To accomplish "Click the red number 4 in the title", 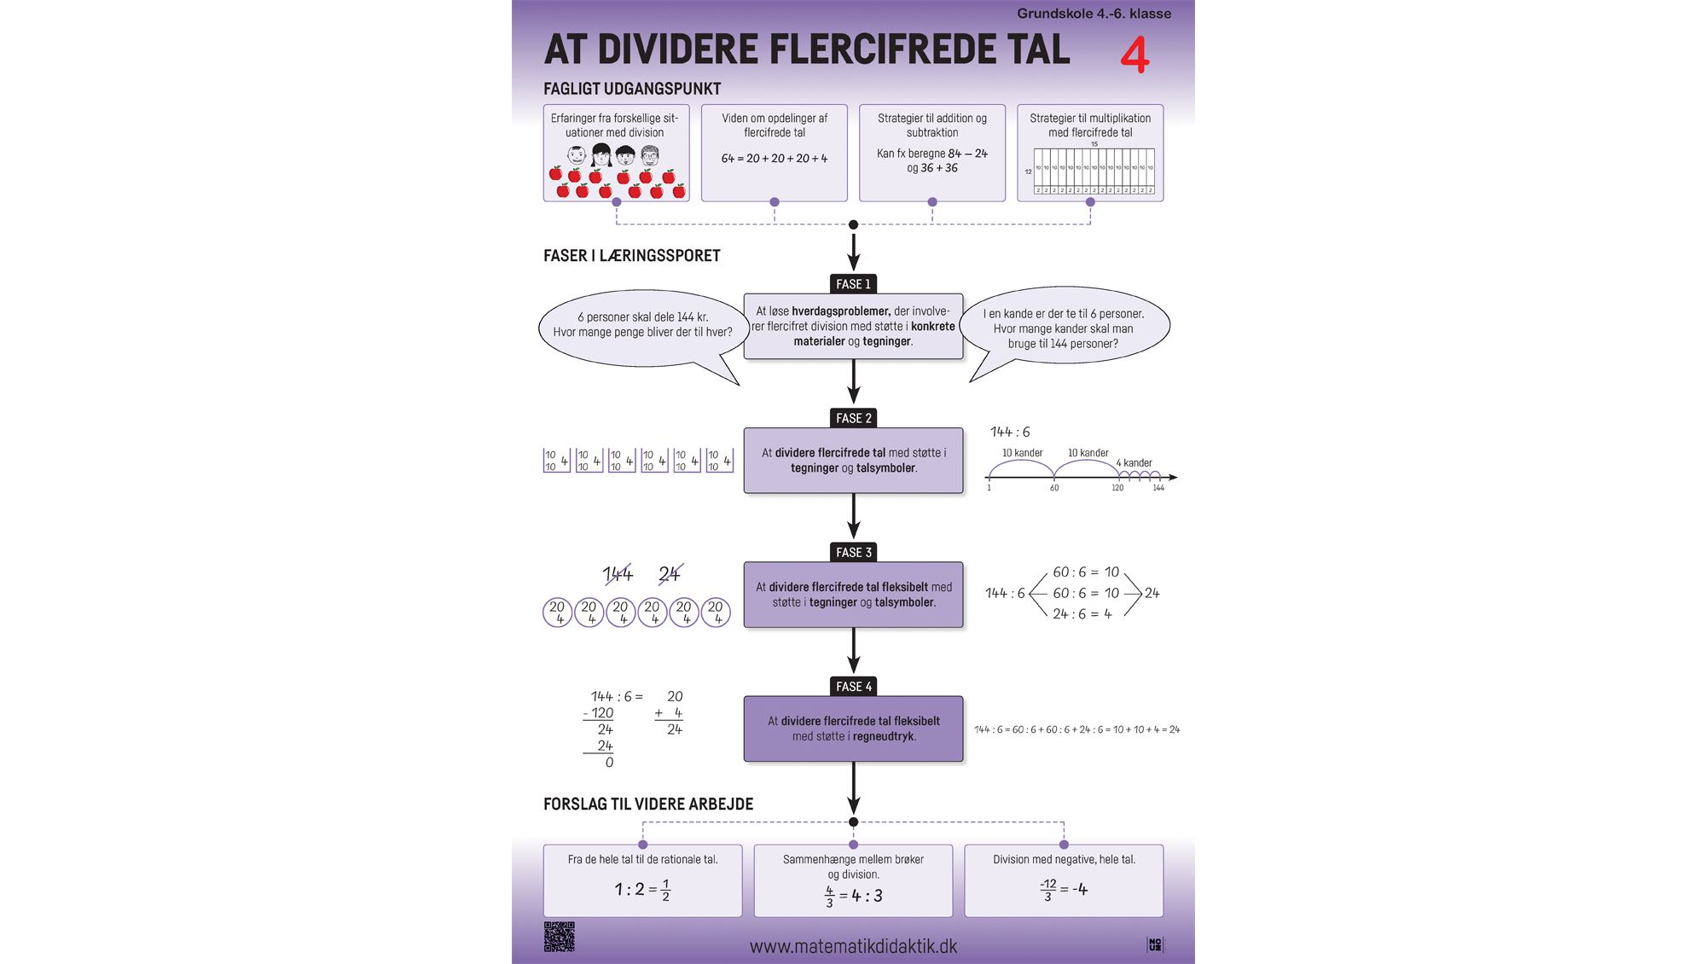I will tap(1134, 55).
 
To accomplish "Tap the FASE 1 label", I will tap(853, 284).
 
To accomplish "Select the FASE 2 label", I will tap(853, 418).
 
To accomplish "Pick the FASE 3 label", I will tap(853, 552).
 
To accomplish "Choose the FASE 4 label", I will tap(853, 686).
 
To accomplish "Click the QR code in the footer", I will tap(560, 937).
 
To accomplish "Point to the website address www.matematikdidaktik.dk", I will tap(853, 946).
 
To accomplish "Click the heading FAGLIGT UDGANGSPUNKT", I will tap(632, 89).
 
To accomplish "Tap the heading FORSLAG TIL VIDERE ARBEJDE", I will tap(648, 804).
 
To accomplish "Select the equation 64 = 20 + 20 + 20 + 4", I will tap(774, 159).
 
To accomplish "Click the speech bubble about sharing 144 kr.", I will tap(642, 326).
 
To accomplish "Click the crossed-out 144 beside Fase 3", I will tap(618, 574).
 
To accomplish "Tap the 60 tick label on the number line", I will tap(1054, 488).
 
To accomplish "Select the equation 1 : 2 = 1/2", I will tap(642, 889).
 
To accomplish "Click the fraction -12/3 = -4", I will tap(1064, 889).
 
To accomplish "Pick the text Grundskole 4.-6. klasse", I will tap(1094, 14).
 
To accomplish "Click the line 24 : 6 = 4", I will tap(1082, 614).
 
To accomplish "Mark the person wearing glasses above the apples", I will tap(650, 155).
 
